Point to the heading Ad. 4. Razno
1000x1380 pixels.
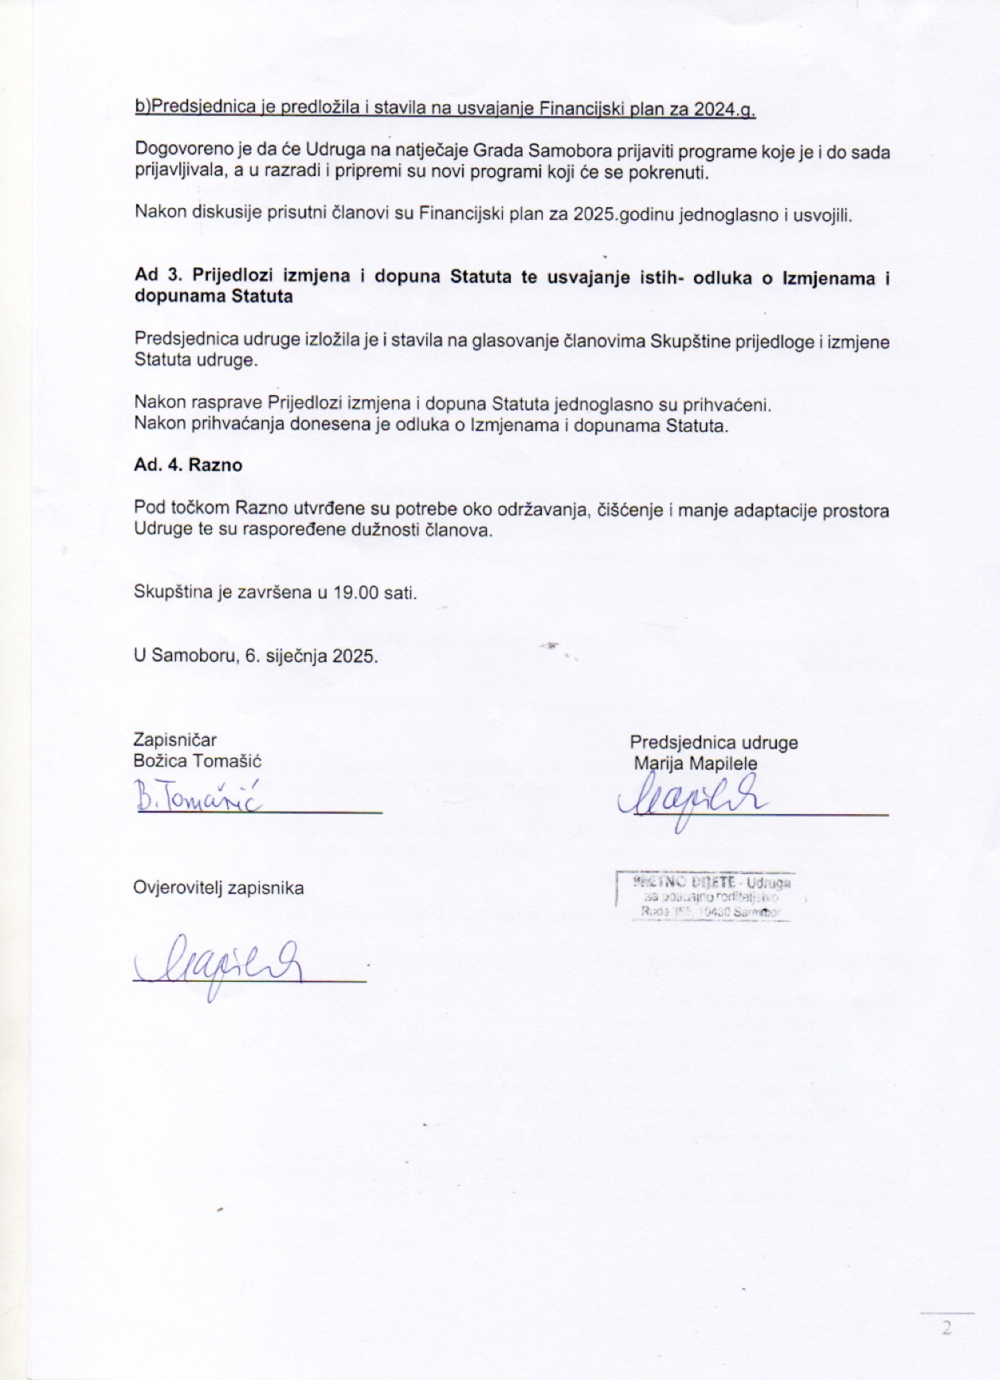coord(188,465)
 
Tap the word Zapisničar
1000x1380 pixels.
coord(175,740)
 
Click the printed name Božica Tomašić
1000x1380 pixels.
coord(198,761)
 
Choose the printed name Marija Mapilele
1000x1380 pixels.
coord(696,763)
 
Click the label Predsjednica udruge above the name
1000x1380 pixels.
coord(714,743)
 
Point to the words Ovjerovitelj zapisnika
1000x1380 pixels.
coord(218,888)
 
